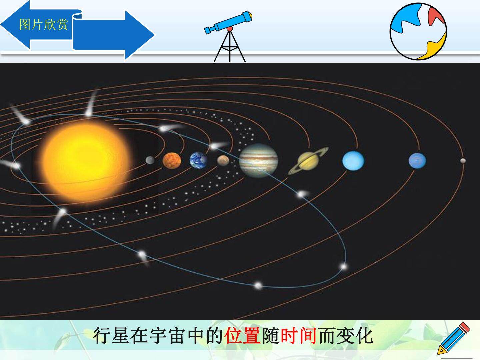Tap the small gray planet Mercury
click(150, 160)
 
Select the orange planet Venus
click(172, 161)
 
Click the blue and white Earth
click(199, 160)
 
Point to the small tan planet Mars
click(223, 161)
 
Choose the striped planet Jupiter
click(258, 160)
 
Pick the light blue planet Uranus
click(353, 161)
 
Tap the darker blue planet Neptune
click(417, 161)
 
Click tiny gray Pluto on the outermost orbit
click(463, 161)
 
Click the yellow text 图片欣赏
click(44, 24)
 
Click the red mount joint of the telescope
click(230, 29)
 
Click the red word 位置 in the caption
click(243, 336)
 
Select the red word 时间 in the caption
click(298, 336)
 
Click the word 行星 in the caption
click(111, 336)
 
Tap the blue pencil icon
click(453, 338)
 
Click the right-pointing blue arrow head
click(140, 35)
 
